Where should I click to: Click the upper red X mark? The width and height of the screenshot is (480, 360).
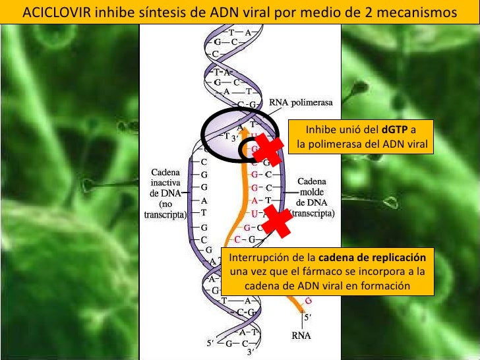point(269,148)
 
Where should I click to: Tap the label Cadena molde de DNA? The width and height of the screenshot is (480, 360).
point(315,191)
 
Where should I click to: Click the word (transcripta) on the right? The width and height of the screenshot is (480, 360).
point(313,214)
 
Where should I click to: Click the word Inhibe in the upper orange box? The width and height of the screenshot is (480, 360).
point(320,129)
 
